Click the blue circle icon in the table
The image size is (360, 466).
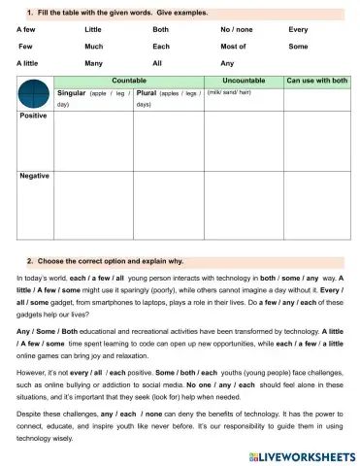coord(34,95)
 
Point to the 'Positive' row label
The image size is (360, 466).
coord(34,116)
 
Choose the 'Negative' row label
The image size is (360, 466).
coord(35,176)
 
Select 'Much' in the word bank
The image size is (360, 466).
coord(94,46)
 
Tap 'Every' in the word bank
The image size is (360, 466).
coord(298,30)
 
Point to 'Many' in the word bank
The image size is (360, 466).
coord(94,62)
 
